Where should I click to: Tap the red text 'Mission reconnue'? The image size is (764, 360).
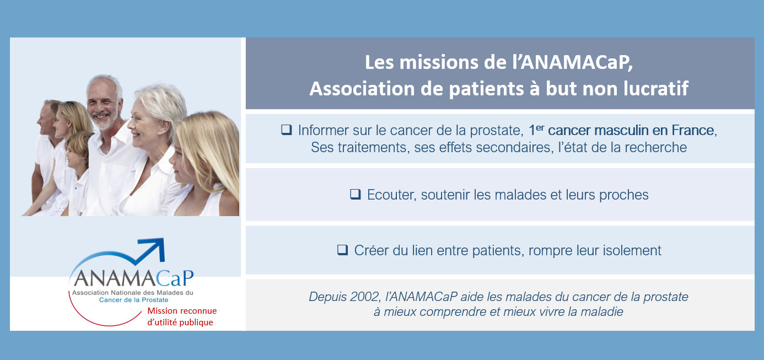182,311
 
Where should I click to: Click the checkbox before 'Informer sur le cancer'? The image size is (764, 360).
287,130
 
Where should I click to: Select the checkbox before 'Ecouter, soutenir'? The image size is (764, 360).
356,194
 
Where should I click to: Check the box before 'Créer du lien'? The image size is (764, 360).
343,250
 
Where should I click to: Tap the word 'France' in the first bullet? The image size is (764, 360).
694,130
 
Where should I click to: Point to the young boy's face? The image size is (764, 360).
75,155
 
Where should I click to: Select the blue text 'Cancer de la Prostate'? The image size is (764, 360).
134,300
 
